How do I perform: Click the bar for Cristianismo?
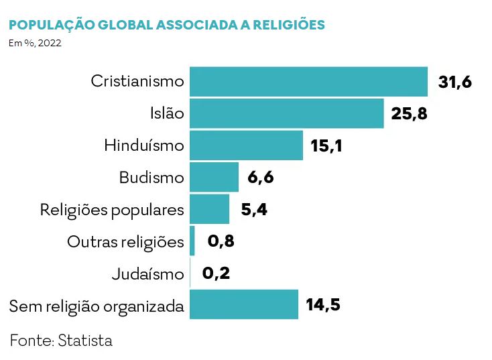point(308,81)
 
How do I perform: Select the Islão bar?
point(286,113)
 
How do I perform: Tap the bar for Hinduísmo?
point(246,145)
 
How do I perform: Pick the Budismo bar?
point(214,177)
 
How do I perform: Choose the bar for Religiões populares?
point(209,209)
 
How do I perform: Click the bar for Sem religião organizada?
point(243,305)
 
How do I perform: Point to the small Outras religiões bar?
point(192,241)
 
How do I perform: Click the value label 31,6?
point(455,82)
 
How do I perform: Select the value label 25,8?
point(409,113)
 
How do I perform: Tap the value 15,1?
point(326,145)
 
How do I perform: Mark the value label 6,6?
point(261,178)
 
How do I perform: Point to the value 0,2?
point(216,274)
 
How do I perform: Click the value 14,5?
point(323,306)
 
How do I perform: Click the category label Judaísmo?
point(147,274)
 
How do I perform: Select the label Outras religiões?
point(125,241)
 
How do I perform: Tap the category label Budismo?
point(151,178)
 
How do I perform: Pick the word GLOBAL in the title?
point(125,25)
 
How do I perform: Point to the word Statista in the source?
point(85,341)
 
